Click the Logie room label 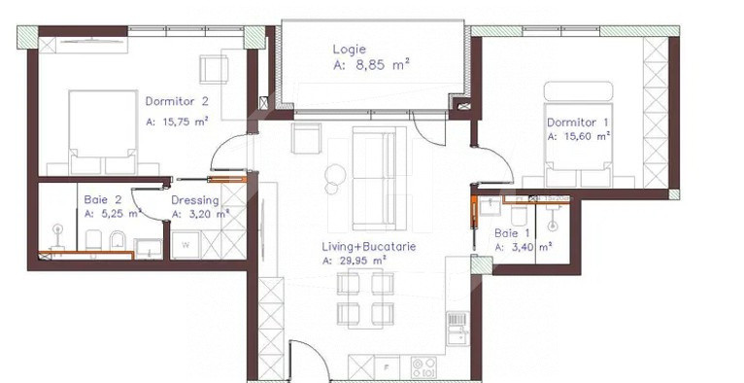[350, 49]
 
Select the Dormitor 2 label [177, 101]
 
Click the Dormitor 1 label [578, 122]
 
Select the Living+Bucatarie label [370, 247]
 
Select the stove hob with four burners [423, 367]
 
